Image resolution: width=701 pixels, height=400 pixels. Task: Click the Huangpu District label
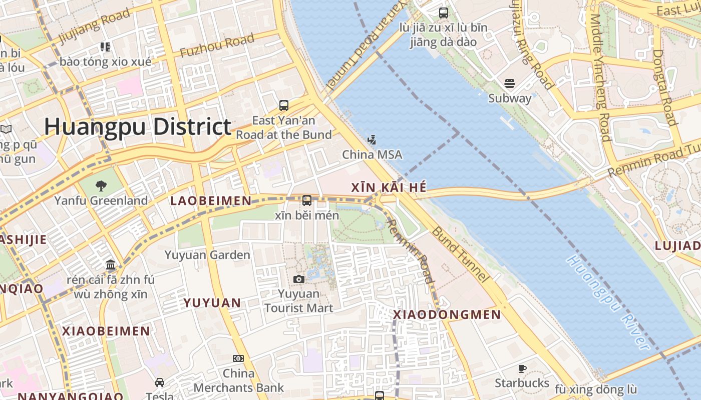coord(138,126)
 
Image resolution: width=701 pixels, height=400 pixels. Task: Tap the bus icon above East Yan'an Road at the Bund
coord(284,105)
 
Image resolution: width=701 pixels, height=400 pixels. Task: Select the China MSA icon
coord(372,140)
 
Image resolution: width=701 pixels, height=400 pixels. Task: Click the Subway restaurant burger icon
coord(510,83)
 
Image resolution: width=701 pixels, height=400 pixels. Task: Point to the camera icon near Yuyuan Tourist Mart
coord(299,279)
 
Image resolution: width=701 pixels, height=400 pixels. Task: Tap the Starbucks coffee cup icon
coord(522,369)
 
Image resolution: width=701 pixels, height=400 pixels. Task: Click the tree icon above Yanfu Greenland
coord(101,186)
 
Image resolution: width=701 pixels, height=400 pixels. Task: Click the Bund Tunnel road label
coord(460,254)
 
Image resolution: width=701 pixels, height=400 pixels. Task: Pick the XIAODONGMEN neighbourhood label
coord(447,314)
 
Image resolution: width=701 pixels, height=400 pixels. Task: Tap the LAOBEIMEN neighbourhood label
coord(211,201)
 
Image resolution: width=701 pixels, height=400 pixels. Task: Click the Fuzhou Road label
coord(217,45)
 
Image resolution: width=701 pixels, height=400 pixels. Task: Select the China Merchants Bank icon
coord(238,358)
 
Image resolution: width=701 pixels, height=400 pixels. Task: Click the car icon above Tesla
coord(160,382)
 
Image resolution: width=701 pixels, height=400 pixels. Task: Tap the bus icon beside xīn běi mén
coord(307,200)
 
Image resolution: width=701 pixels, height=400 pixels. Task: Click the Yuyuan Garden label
coord(207,255)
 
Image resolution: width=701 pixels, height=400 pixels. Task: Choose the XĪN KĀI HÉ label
coord(389,187)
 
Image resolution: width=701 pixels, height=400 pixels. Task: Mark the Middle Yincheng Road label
coord(599,77)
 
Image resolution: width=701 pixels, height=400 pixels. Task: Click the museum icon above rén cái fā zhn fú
coord(111,264)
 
